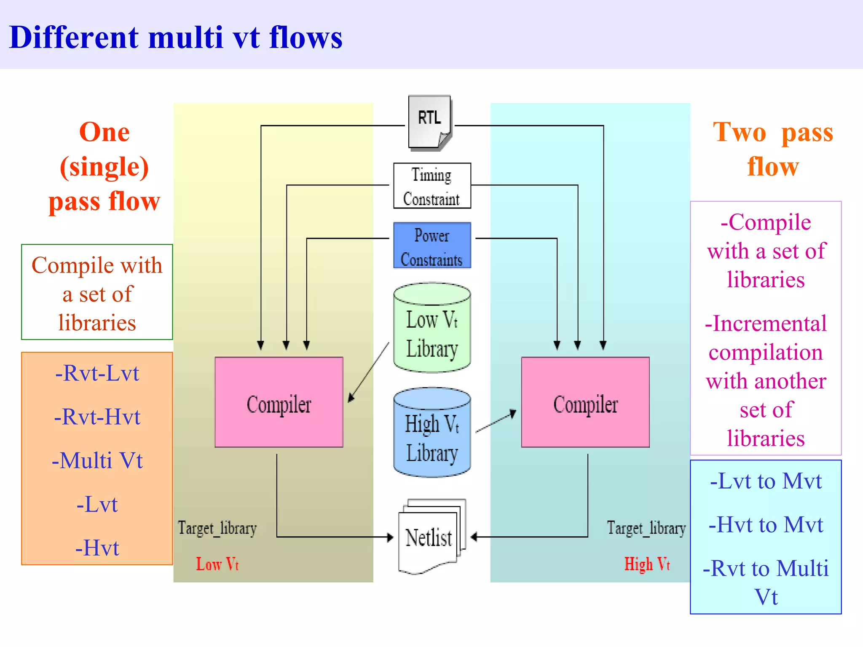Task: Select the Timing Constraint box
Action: click(x=432, y=186)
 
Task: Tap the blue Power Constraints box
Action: click(x=432, y=246)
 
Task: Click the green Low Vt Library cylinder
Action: click(x=432, y=329)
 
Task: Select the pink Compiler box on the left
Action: click(x=279, y=402)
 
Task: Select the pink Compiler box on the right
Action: click(x=585, y=402)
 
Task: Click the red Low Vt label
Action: click(x=217, y=564)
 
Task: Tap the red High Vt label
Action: click(x=647, y=564)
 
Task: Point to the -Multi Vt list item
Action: click(x=97, y=460)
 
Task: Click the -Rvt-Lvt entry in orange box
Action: click(x=97, y=373)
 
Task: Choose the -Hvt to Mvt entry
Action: click(x=766, y=525)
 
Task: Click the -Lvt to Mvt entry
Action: click(x=766, y=481)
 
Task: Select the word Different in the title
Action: click(x=74, y=38)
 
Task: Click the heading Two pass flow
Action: click(x=773, y=149)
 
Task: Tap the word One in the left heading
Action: click(x=104, y=132)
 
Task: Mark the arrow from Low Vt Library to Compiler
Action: click(x=369, y=373)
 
